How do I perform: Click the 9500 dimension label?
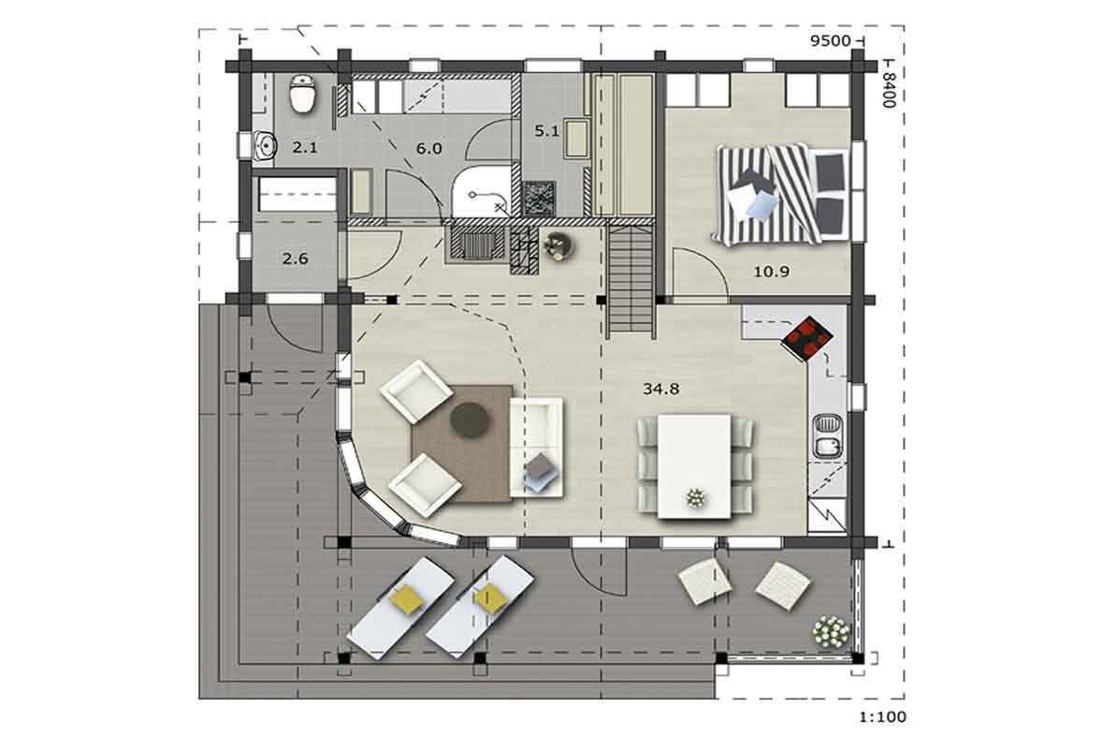coord(830,41)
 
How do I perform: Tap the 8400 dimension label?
coord(889,89)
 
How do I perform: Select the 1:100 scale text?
coord(883,717)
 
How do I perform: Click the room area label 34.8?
coord(660,389)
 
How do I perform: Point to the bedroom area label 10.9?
coord(771,272)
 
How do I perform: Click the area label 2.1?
coord(304,148)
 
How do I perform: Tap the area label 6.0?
coord(428,149)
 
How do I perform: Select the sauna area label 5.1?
coord(546,131)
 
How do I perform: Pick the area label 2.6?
coord(296,258)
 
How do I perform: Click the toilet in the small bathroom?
coord(304,93)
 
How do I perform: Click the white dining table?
coord(694,466)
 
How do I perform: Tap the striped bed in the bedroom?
coord(781,193)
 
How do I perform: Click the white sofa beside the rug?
coord(536,447)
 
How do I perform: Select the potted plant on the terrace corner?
coord(831,631)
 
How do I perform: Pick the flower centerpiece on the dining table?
coord(696,498)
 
